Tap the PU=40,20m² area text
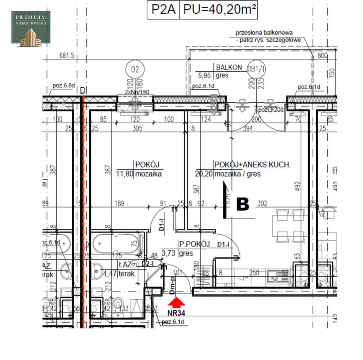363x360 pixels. click(x=220, y=9)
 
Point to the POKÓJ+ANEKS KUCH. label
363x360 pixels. click(x=252, y=165)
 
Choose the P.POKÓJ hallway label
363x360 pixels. click(x=194, y=244)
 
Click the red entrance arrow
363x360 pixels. click(x=176, y=302)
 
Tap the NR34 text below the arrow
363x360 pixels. click(x=176, y=313)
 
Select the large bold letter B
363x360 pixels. click(x=242, y=204)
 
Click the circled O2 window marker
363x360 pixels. click(x=135, y=69)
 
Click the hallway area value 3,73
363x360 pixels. click(x=169, y=254)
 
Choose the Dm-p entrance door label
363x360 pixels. click(x=173, y=284)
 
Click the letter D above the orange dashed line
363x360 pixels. click(x=83, y=90)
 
